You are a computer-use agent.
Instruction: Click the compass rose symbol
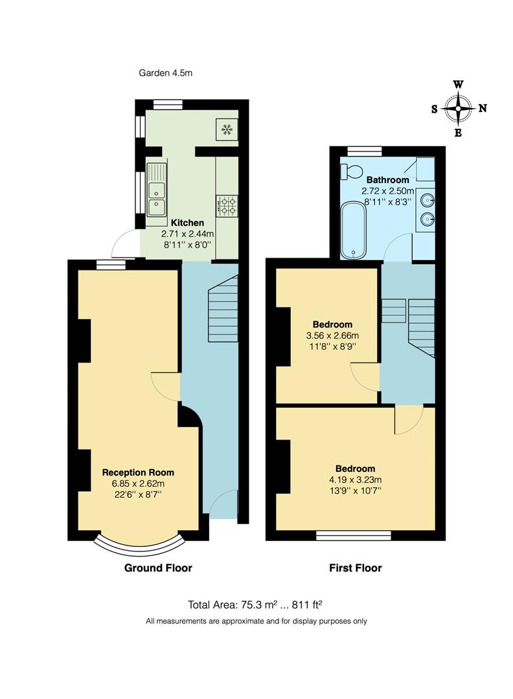[459, 109]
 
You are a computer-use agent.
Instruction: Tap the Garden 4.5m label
[166, 73]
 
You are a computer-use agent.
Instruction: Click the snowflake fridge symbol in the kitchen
[227, 129]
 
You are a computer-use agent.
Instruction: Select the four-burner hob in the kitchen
[227, 206]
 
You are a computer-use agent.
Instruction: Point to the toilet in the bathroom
[352, 172]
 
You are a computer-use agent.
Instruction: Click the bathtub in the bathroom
[354, 229]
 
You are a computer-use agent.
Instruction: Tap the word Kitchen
[187, 223]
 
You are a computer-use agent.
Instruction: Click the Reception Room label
[138, 472]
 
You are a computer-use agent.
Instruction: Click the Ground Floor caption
[158, 568]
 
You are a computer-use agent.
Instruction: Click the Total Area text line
[255, 605]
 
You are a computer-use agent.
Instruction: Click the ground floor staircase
[223, 309]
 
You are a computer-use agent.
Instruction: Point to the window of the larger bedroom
[354, 535]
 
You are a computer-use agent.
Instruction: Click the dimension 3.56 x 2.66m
[332, 336]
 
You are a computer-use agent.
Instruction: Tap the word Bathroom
[387, 180]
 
